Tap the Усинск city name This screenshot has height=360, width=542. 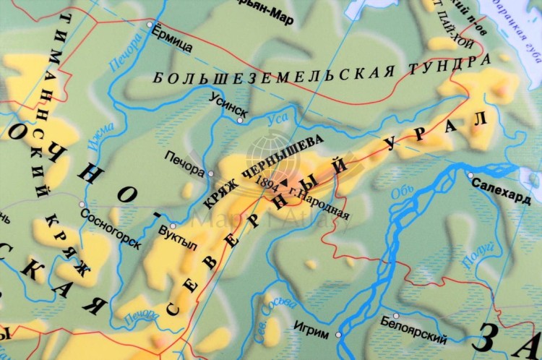[228, 104]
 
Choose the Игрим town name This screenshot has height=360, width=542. [312, 326]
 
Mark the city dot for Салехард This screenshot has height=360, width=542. [470, 175]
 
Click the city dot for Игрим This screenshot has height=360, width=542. [338, 335]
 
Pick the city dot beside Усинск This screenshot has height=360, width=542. [241, 120]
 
